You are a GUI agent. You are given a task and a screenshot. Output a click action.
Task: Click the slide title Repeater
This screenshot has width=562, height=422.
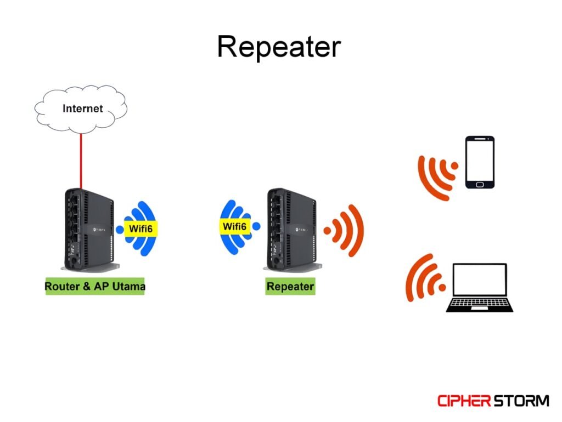click(279, 47)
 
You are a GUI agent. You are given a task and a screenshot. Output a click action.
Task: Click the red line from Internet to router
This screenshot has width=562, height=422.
click(81, 159)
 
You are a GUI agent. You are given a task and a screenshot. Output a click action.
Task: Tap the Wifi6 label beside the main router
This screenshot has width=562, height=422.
click(140, 229)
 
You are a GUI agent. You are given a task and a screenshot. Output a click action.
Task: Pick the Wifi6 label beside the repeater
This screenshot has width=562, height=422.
click(235, 226)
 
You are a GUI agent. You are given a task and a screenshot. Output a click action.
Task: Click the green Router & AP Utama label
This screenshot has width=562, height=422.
click(94, 286)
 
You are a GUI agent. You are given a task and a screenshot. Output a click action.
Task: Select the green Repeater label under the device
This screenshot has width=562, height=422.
click(290, 286)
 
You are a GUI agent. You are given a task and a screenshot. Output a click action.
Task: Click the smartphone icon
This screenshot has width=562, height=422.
click(480, 162)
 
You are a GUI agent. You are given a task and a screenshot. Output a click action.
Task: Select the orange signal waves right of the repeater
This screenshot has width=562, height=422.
click(345, 230)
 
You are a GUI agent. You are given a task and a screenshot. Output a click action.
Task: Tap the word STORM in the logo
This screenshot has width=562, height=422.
click(520, 401)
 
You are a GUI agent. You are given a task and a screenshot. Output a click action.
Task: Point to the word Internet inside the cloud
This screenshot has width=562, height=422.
click(82, 108)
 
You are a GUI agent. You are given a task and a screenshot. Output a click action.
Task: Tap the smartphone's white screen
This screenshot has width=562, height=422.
click(480, 161)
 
